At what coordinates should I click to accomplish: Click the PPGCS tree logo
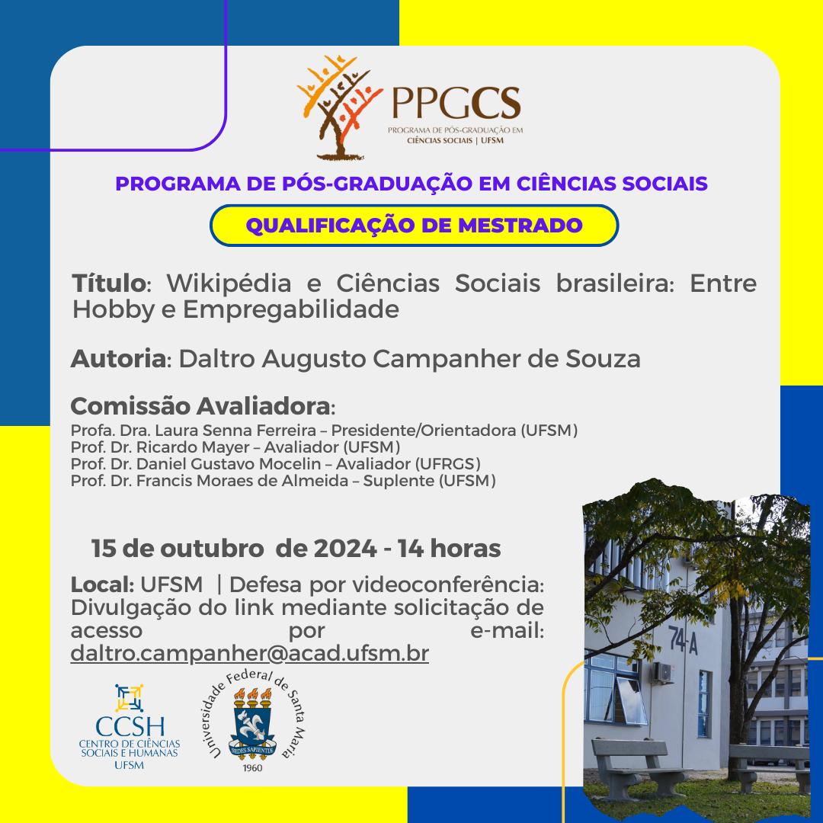[339, 107]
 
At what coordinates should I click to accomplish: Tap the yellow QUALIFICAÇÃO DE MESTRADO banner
[414, 225]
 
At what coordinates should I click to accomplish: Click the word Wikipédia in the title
[229, 284]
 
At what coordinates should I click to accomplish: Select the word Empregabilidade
[291, 309]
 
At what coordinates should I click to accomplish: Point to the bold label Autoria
[119, 359]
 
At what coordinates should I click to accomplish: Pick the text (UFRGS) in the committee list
[448, 464]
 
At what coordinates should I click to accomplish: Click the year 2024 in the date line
[345, 549]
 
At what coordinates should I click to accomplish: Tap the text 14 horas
[449, 549]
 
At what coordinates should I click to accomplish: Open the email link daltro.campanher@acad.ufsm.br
[250, 654]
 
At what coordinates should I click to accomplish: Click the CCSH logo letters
[130, 727]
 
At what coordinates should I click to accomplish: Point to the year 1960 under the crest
[252, 768]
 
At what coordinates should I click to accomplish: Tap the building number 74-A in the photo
[684, 640]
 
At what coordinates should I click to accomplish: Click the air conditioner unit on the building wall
[663, 672]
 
